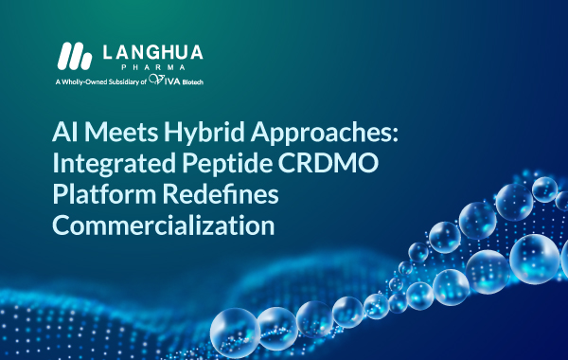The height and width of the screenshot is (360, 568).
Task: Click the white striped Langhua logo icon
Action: click(75, 56)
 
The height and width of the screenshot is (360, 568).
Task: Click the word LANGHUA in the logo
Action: click(152, 52)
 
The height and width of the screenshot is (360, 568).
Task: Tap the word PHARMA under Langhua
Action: click(153, 67)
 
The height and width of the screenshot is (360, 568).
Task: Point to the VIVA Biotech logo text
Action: click(176, 80)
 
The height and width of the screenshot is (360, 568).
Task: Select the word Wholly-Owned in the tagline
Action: click(84, 81)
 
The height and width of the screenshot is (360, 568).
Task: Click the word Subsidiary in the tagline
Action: click(124, 81)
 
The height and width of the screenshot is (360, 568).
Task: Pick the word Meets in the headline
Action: click(121, 132)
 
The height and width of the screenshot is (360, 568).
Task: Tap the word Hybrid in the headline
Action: click(204, 133)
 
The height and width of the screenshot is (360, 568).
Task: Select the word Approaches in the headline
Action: click(321, 133)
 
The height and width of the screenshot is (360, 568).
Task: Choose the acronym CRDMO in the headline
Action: click(328, 163)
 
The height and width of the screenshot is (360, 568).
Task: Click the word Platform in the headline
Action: click(104, 194)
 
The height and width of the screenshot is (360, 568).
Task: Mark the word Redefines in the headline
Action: click(221, 194)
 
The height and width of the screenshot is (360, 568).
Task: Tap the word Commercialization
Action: click(164, 225)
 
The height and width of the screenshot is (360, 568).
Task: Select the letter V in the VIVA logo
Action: click(157, 80)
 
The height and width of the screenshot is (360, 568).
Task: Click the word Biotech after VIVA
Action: click(193, 82)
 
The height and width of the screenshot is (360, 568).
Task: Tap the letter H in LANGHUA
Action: click(166, 52)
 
